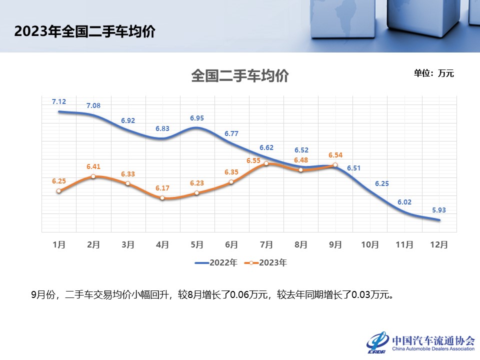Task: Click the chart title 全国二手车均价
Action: pos(240,76)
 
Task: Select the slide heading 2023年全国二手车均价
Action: pos(85,31)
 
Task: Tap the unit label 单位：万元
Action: pos(433,73)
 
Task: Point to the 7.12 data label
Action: pos(59,101)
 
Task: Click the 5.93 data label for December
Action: pos(439,209)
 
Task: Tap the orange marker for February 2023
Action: pos(93,176)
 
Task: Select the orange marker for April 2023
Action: pos(162,198)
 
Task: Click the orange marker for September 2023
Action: pos(335,164)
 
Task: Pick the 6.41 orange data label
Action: pos(93,166)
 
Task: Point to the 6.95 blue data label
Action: pos(197,118)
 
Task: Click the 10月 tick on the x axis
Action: pos(370,245)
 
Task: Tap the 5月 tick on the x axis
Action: pos(197,245)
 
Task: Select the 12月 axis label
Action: pos(439,245)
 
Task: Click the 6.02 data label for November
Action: pos(404,202)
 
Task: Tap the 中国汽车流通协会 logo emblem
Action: pos(377,342)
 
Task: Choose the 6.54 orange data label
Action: pos(335,155)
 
